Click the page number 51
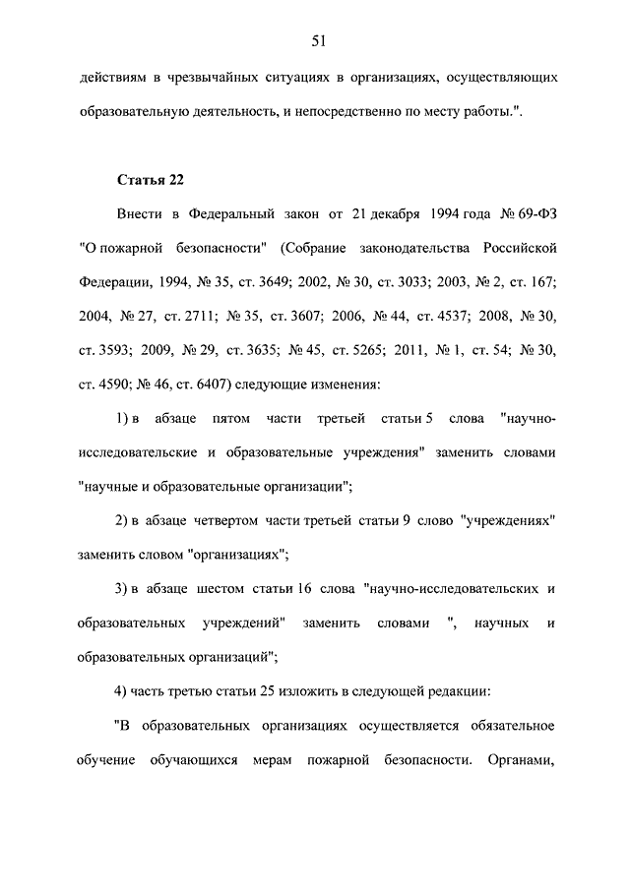click(x=318, y=40)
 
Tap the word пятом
click(x=228, y=420)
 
